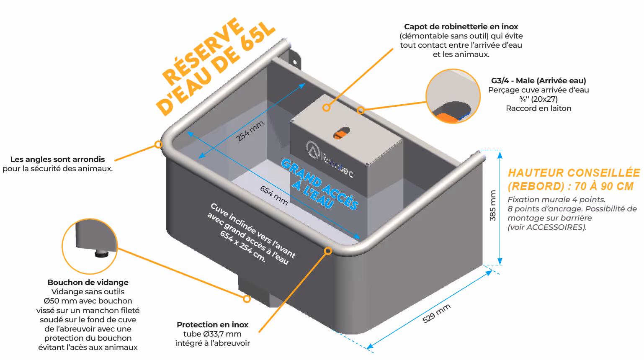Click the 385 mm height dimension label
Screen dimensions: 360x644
pyautogui.click(x=493, y=206)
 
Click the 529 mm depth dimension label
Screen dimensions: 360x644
pyautogui.click(x=436, y=313)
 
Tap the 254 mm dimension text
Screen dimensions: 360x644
pyautogui.click(x=250, y=131)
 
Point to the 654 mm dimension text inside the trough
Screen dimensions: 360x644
pyautogui.click(x=274, y=195)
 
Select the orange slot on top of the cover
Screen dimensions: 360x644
pyautogui.click(x=341, y=133)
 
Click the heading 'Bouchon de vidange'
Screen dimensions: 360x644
pyautogui.click(x=88, y=283)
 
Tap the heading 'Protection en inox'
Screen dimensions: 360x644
pyautogui.click(x=212, y=325)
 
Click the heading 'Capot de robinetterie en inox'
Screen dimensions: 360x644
pyautogui.click(x=461, y=27)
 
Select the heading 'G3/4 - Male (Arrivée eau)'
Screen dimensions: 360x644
pyautogui.click(x=538, y=81)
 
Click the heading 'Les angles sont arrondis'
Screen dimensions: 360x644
pyautogui.click(x=58, y=159)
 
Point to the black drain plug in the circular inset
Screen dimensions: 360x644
pyautogui.click(x=101, y=253)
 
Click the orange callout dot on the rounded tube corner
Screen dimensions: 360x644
pyautogui.click(x=158, y=144)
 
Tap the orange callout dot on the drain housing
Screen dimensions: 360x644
pyautogui.click(x=247, y=299)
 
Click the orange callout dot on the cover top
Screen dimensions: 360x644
pyautogui.click(x=326, y=108)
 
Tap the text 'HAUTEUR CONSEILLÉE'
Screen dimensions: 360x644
pyautogui.click(x=574, y=173)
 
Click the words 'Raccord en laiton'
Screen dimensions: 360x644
pyautogui.click(x=538, y=108)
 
